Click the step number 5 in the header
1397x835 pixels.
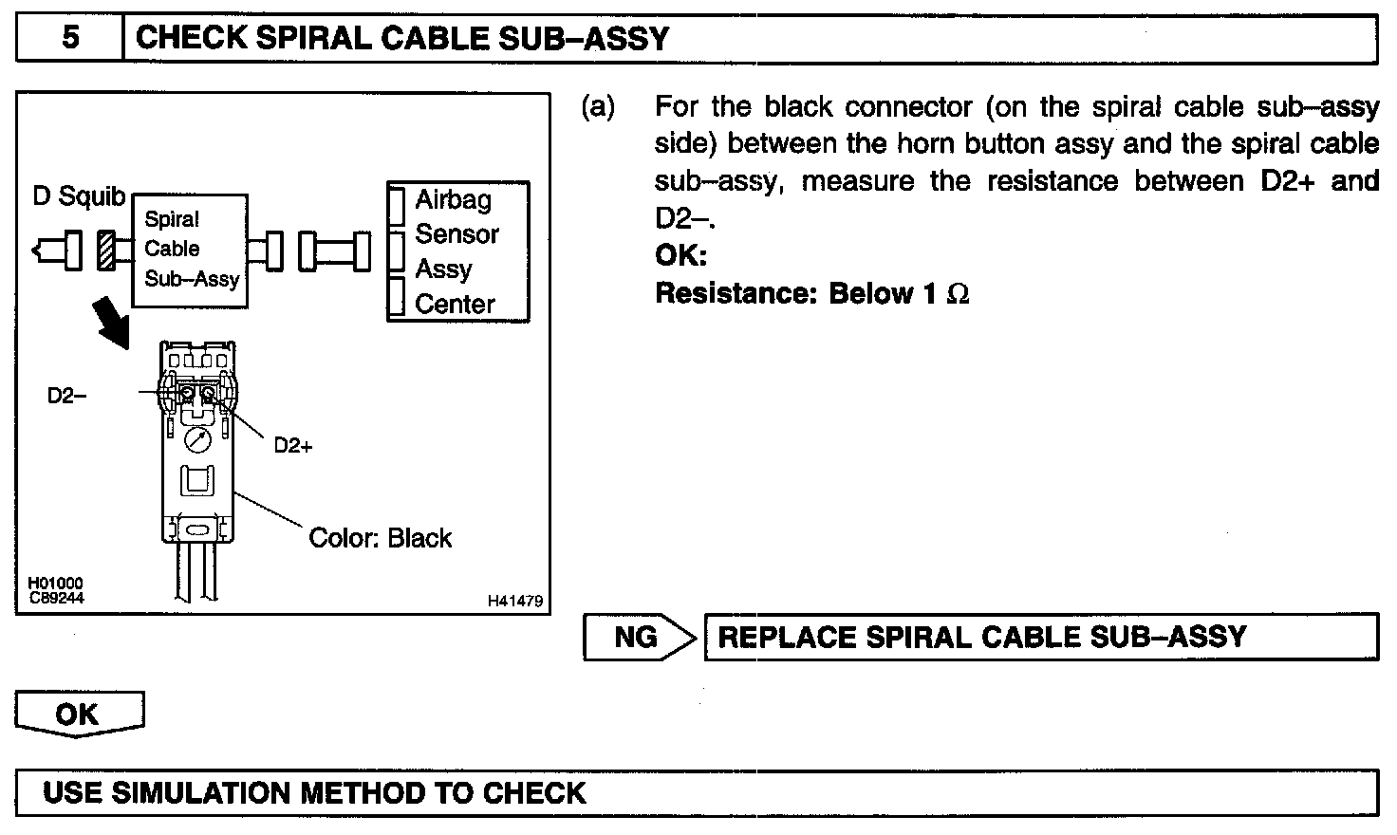(70, 39)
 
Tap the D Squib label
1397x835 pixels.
(79, 196)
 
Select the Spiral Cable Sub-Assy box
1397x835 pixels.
(190, 250)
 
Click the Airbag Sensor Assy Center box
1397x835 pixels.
(457, 251)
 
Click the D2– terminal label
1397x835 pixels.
(66, 396)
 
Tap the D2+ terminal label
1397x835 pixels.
(292, 445)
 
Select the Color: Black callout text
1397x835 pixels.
(380, 538)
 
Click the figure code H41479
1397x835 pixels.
(515, 601)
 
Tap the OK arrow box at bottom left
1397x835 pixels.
(78, 714)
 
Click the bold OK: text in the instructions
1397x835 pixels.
(680, 256)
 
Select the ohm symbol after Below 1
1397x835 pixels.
(958, 294)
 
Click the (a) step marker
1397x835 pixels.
(598, 107)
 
